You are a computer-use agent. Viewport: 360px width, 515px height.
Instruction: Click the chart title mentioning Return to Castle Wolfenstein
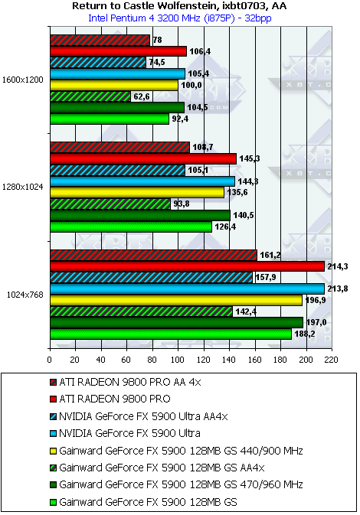click(x=179, y=5)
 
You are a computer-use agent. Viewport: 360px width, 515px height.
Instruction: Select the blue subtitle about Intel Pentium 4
click(x=180, y=18)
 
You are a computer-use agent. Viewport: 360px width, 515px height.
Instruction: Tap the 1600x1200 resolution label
click(x=23, y=80)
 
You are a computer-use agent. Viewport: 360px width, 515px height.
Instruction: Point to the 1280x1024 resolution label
click(x=23, y=187)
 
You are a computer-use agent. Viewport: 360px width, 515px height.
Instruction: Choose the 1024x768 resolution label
click(x=25, y=295)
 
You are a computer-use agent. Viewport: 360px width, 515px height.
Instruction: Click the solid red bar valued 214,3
click(x=188, y=266)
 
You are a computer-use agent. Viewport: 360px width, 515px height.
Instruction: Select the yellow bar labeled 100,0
click(x=114, y=86)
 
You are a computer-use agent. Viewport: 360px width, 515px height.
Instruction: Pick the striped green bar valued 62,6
click(x=90, y=96)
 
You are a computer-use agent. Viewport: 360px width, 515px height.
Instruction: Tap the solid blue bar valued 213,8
click(x=187, y=289)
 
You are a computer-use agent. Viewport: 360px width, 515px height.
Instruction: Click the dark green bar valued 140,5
click(x=140, y=216)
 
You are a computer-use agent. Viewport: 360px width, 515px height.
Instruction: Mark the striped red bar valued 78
click(x=100, y=40)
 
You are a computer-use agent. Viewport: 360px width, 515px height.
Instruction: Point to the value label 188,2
click(x=305, y=334)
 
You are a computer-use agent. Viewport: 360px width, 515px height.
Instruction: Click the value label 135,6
click(x=237, y=192)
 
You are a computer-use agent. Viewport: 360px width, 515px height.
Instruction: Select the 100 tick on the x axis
click(x=178, y=360)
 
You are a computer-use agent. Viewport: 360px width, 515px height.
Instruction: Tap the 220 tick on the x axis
click(x=332, y=360)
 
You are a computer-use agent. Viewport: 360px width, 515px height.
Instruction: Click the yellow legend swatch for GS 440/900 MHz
click(x=54, y=451)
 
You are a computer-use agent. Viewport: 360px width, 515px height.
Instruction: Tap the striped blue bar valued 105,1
click(x=118, y=171)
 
